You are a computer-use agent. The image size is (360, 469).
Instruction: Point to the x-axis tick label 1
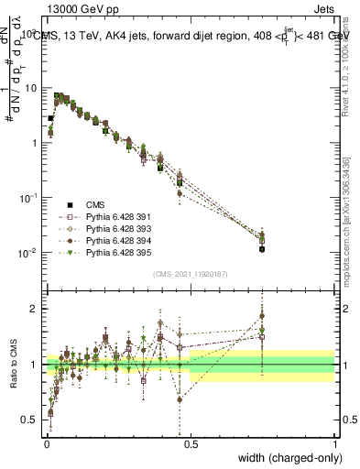(334, 444)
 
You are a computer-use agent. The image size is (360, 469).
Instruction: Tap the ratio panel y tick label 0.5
(31, 420)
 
